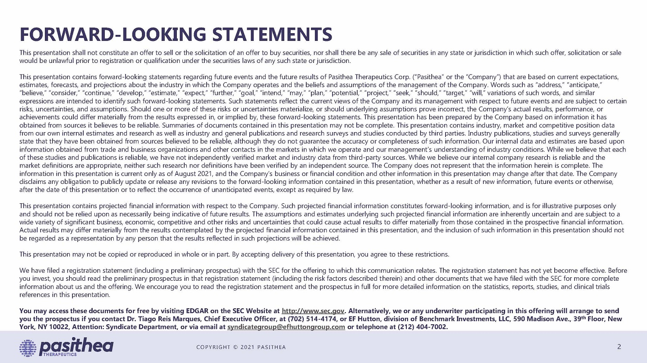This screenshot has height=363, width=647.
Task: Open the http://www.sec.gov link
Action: point(313,311)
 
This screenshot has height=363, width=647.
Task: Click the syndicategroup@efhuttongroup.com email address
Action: point(286,327)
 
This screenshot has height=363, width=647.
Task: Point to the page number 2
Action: point(619,347)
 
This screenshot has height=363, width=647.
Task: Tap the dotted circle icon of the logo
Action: point(28,348)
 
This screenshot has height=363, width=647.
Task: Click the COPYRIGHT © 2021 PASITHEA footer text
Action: point(241,347)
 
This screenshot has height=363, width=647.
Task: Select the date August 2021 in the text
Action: point(194,174)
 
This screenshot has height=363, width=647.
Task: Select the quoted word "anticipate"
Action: point(585,85)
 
